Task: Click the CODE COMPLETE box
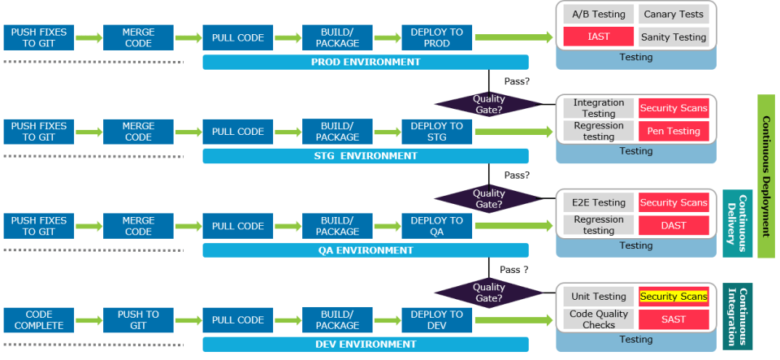(39, 320)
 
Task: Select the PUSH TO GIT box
(138, 320)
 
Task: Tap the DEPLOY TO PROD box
(437, 37)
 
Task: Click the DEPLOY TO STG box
(437, 132)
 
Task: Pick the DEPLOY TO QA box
(437, 226)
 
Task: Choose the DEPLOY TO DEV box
(437, 320)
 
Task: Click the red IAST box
(598, 37)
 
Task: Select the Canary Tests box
(673, 15)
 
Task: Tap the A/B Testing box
(598, 15)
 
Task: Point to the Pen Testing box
(673, 131)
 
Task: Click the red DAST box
(673, 225)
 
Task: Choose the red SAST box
(673, 319)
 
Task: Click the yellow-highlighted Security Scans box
(673, 297)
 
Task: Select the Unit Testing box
(598, 297)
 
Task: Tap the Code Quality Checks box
(598, 319)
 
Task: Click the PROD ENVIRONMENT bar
(366, 62)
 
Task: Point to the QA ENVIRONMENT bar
(366, 250)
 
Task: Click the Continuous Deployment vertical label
(766, 176)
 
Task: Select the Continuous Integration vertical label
(737, 316)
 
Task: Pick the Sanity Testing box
(673, 37)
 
